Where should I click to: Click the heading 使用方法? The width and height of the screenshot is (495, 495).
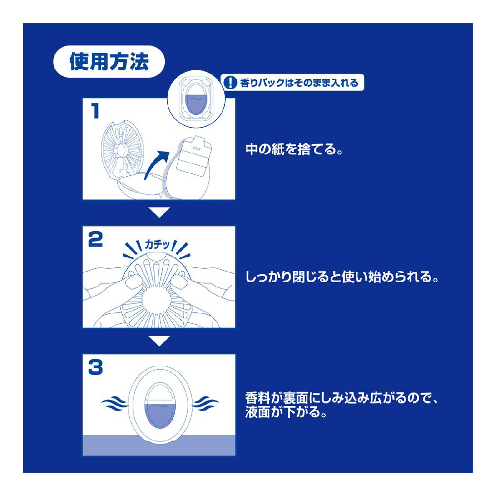coord(109,61)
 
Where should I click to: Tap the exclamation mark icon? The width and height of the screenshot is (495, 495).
coord(230,83)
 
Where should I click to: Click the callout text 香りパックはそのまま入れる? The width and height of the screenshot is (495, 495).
coord(299,83)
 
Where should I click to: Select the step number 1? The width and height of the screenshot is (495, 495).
coord(95,111)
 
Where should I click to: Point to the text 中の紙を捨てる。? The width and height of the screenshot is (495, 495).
coord(294,149)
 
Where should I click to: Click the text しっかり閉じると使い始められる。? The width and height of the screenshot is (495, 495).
coord(342,277)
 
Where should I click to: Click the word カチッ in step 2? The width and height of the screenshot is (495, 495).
coord(157,245)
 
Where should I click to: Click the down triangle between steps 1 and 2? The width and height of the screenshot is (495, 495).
coord(159,212)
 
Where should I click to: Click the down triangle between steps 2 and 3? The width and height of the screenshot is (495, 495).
coord(159,341)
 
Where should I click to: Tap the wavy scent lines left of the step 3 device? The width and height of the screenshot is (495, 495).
coord(115,403)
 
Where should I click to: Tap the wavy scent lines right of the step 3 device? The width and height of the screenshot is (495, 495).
coord(205,403)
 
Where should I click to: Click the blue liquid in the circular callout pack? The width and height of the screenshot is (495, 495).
coord(196,104)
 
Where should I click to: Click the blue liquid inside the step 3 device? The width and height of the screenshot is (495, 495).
coord(159,414)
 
